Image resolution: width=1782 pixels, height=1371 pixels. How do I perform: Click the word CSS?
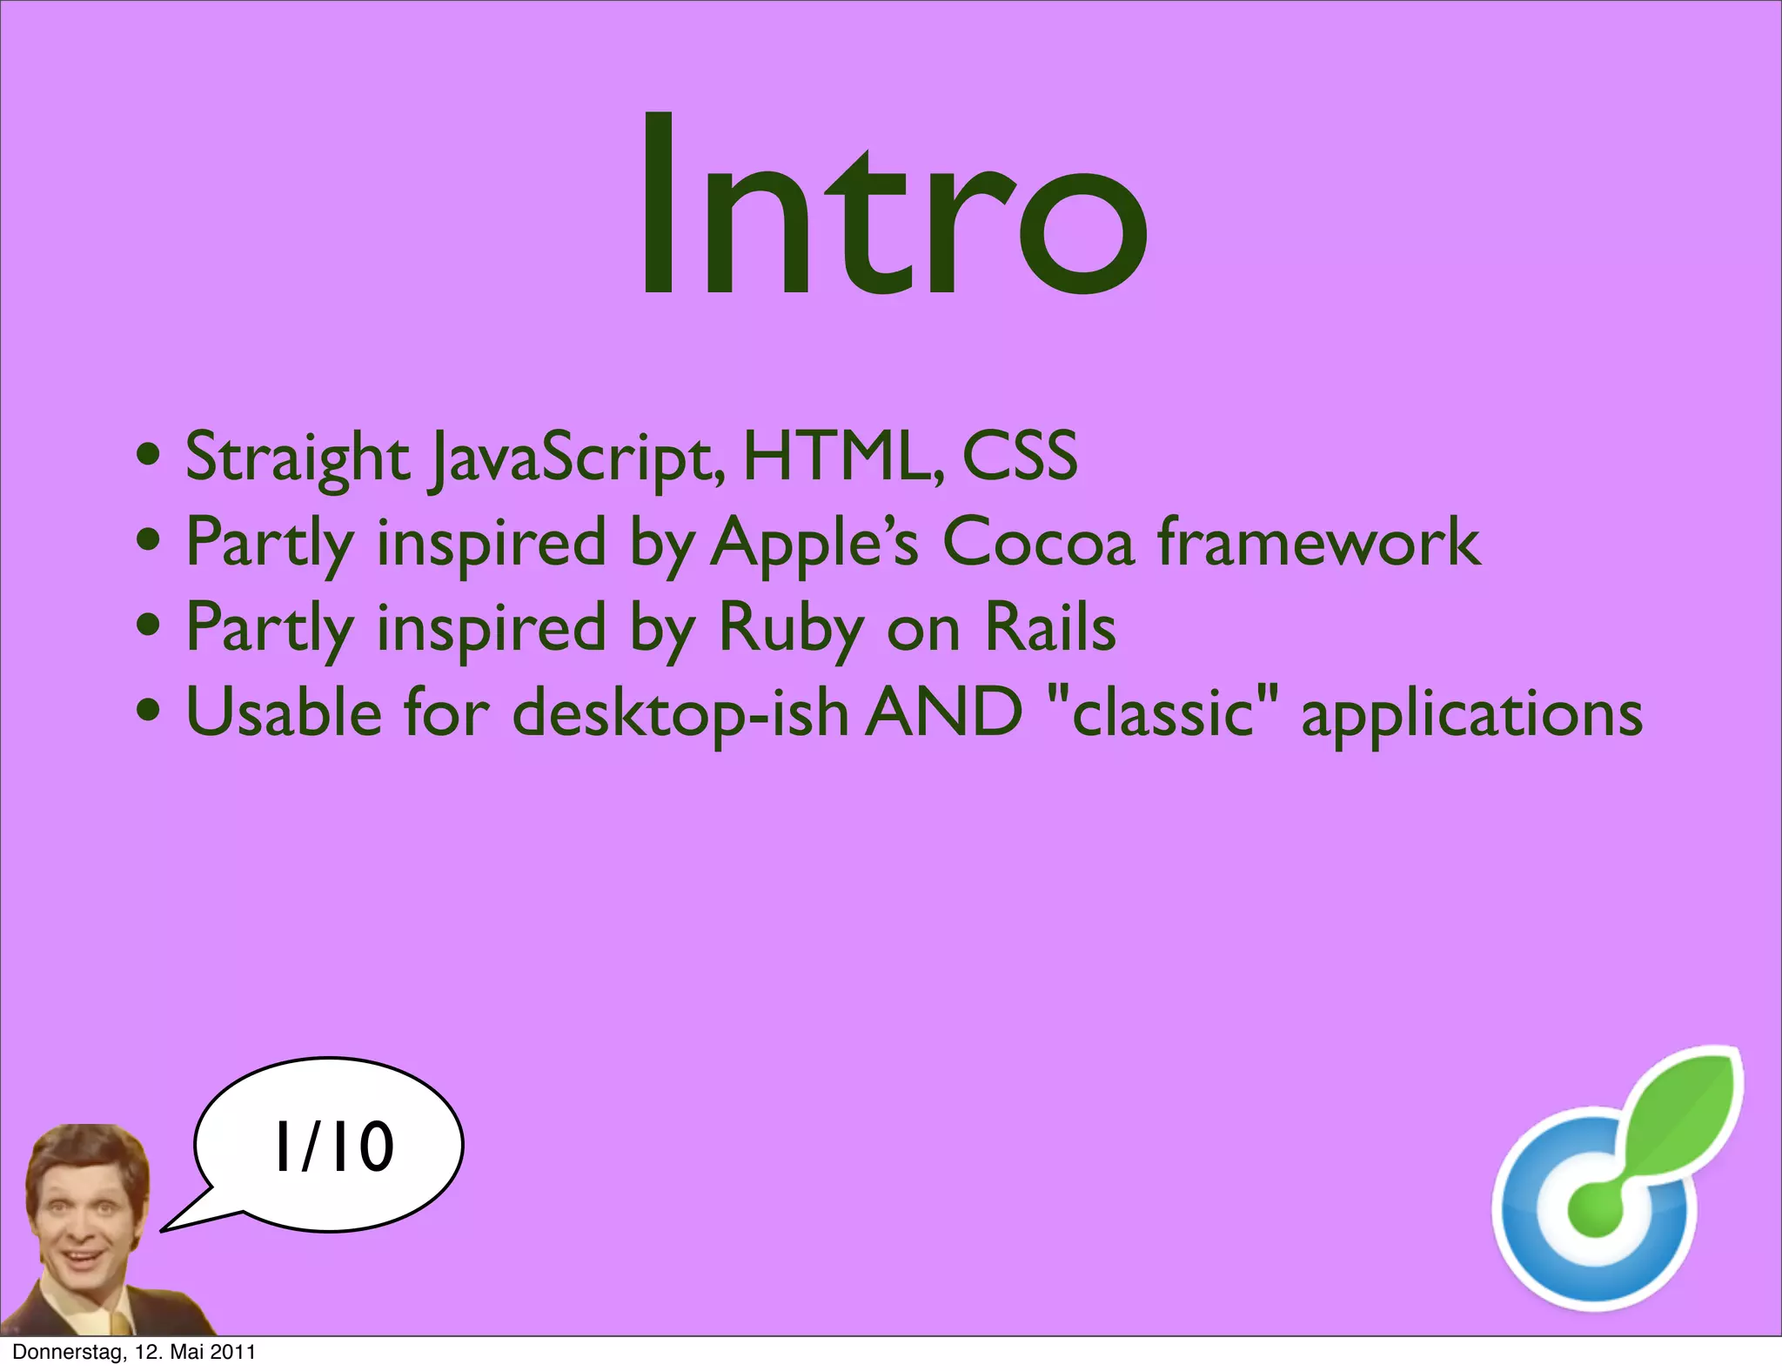tap(1020, 456)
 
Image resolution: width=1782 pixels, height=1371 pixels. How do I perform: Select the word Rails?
tap(1050, 626)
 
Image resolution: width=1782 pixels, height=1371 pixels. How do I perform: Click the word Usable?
tap(284, 712)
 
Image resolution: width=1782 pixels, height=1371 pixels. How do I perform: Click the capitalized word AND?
tap(946, 712)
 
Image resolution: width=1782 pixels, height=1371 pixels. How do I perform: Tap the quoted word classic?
tap(1163, 712)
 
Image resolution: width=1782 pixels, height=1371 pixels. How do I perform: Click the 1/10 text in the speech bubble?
tap(334, 1147)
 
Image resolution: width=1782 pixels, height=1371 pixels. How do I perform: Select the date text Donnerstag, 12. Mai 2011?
tap(134, 1352)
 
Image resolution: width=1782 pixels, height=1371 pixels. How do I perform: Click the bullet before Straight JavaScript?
tap(149, 454)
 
